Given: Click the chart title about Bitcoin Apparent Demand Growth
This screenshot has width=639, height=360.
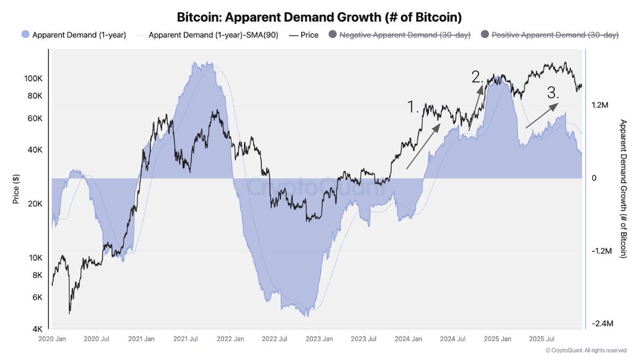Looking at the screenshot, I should pos(320,17).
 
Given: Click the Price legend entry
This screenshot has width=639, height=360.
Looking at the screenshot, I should pos(304,35).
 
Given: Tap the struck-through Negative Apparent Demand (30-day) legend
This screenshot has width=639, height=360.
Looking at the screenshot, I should pos(400,35).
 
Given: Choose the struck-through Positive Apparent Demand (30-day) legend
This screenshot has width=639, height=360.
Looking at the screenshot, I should pos(549,35).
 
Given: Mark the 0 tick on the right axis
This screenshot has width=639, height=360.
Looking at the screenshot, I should pos(594,178).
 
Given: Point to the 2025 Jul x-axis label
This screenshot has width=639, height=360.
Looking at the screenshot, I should pos(539,339).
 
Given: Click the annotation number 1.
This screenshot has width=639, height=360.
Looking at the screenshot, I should pos(414,107).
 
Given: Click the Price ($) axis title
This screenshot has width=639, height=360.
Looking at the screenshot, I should pos(16,189).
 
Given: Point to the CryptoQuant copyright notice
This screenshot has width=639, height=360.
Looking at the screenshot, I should pos(586,350).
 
